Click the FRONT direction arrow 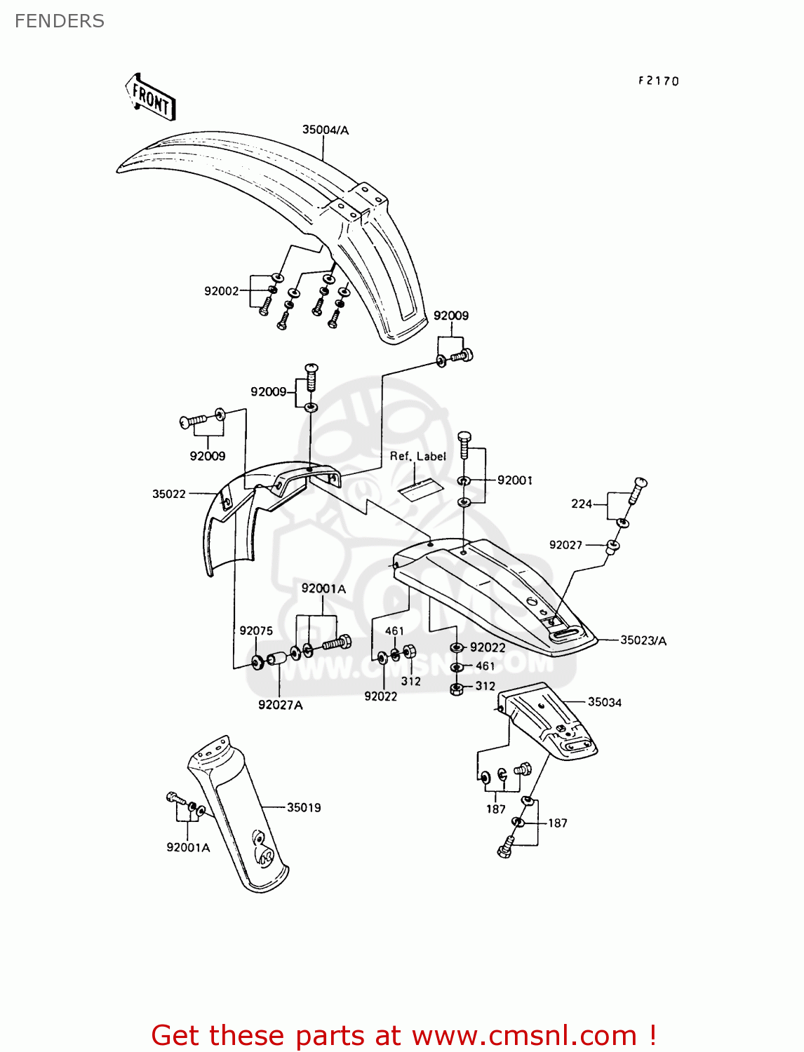(x=150, y=97)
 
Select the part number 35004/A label (x=326, y=130)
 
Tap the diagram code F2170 (x=658, y=81)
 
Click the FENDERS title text (x=60, y=21)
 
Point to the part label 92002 (x=222, y=291)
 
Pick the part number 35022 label (x=169, y=494)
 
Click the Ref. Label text (x=417, y=456)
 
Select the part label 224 (x=582, y=504)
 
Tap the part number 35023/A (x=643, y=640)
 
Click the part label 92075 (x=256, y=630)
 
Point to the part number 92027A (x=280, y=705)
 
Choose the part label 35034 (x=605, y=702)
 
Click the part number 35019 (x=304, y=807)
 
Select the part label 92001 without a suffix (x=514, y=480)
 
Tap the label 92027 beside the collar (x=565, y=545)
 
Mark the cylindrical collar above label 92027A (x=276, y=660)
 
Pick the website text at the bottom (x=403, y=1035)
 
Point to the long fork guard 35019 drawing (x=239, y=814)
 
